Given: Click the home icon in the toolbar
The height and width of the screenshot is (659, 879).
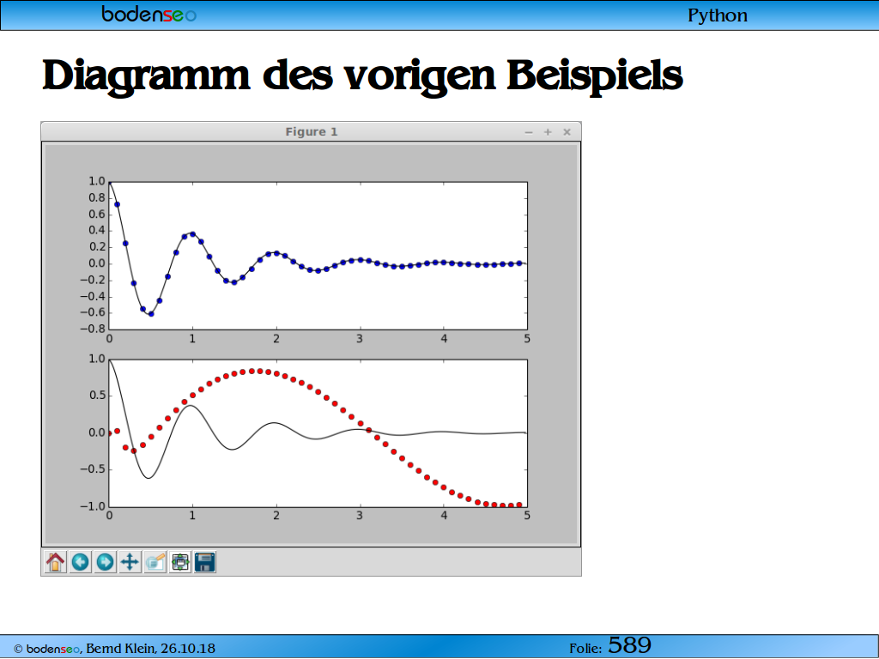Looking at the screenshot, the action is [56, 561].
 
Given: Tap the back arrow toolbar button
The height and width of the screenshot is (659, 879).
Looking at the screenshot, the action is [80, 561].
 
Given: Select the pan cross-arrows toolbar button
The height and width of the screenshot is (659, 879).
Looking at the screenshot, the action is [130, 561].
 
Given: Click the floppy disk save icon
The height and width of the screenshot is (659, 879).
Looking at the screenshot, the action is [205, 561].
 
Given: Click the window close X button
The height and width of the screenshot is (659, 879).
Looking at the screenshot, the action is [567, 131].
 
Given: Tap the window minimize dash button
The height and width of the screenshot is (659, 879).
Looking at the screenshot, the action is [529, 132].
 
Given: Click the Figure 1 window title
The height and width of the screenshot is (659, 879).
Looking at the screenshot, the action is [312, 131].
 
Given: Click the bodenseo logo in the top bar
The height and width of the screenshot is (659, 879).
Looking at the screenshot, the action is [149, 14].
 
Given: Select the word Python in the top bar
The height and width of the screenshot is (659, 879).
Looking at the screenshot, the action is [718, 15].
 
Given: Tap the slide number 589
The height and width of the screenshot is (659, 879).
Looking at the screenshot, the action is [629, 645].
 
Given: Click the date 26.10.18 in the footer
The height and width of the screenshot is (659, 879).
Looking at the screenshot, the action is [188, 649].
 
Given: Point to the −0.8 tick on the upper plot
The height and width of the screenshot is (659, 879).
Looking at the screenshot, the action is [93, 329].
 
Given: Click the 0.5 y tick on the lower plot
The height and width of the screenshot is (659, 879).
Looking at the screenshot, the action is [97, 396].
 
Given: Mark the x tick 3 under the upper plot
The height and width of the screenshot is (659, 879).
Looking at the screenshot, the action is [360, 338].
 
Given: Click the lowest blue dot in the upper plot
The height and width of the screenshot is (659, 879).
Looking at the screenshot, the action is [151, 314].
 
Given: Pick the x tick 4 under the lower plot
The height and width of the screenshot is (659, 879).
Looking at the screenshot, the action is [444, 515].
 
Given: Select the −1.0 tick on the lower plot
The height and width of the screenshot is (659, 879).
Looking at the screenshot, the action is [93, 506].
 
